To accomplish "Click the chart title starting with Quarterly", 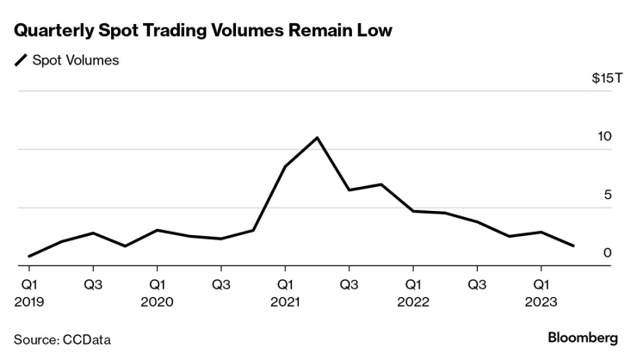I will tap(203, 31).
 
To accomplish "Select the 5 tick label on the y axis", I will tap(608, 196).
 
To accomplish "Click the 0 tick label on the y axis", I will tap(608, 253).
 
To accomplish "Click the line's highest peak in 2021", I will tap(318, 138).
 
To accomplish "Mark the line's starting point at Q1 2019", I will tap(29, 256).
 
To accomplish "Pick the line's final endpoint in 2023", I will tap(573, 246).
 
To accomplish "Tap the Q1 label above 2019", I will tap(29, 283).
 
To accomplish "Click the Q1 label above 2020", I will tap(158, 283).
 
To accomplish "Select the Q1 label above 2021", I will tap(285, 283).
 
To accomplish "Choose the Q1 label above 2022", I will tap(413, 283).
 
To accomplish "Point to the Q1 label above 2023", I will tap(541, 283).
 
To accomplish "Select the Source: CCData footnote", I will tap(62, 339).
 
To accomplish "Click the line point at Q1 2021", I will tap(285, 165).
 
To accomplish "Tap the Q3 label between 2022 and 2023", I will tap(477, 283).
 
